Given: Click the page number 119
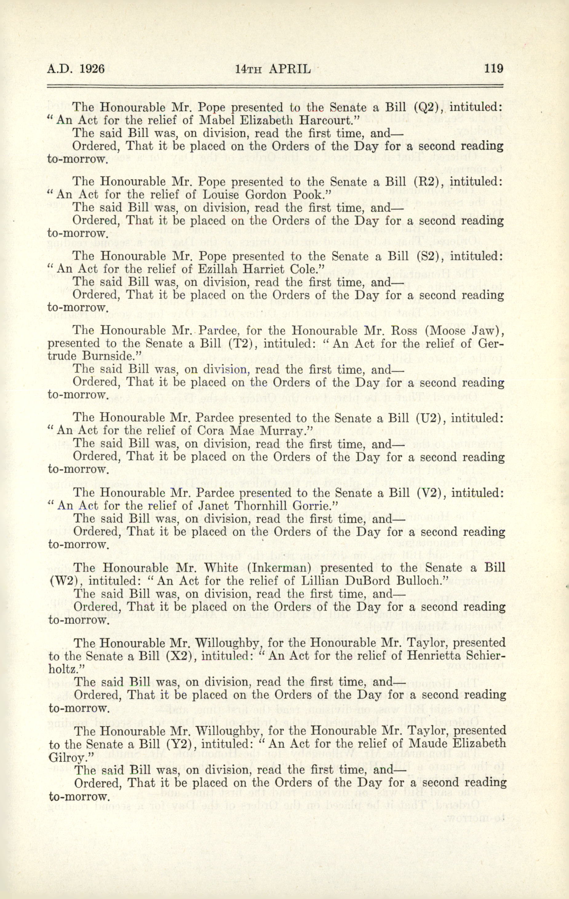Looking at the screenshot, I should click(x=494, y=69).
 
